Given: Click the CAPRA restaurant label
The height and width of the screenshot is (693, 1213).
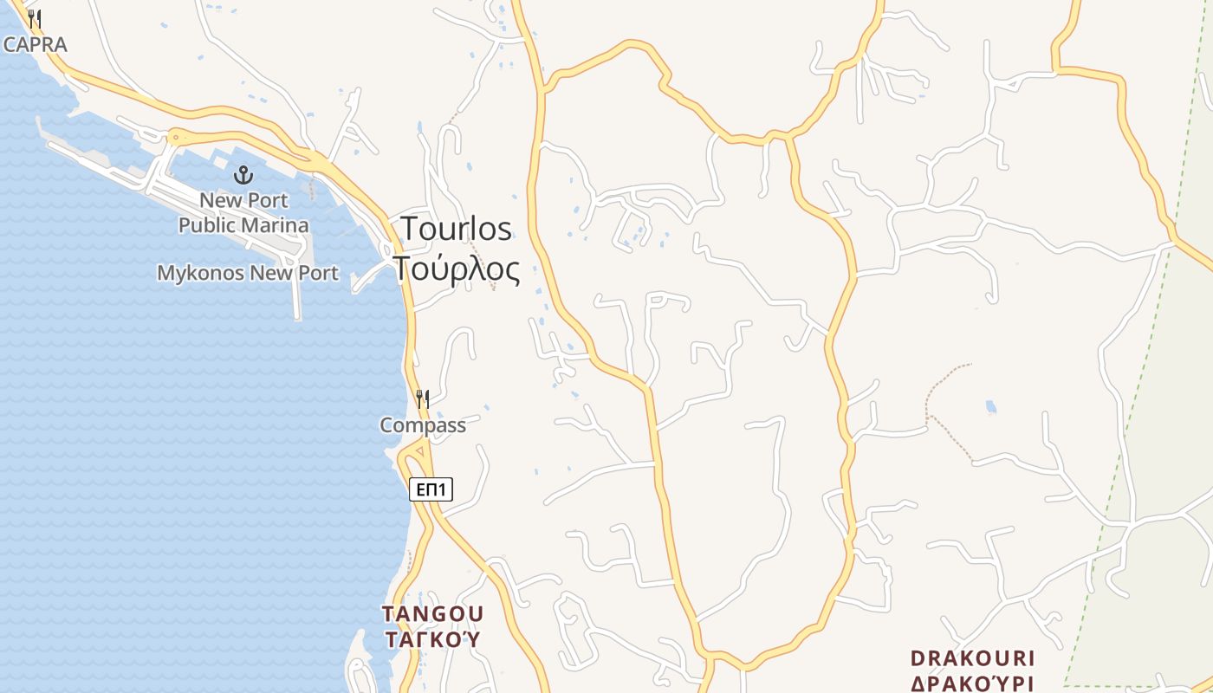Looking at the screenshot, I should point(35,44).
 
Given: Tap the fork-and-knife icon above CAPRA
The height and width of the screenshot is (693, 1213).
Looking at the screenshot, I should point(35,18).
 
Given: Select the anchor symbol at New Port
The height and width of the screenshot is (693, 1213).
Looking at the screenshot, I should point(243,176).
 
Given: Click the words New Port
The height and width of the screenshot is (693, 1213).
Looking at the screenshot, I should point(243,200).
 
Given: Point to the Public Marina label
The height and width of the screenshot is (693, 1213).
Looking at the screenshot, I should point(243,225).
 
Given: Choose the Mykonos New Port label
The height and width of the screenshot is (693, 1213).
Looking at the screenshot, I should point(247,273).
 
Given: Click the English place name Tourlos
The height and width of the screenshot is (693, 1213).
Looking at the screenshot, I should point(456,229).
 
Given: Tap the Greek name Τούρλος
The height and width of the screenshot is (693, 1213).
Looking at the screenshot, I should point(457,269).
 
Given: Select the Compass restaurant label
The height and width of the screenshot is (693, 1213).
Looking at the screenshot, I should point(423,425).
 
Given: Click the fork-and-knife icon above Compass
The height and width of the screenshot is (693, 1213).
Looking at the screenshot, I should point(423,398).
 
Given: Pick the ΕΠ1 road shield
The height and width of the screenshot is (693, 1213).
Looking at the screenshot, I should point(431,490).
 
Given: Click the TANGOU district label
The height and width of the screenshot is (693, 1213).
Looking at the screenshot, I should point(433,613).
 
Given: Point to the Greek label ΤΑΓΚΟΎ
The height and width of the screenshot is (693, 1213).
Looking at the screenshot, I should point(431,640).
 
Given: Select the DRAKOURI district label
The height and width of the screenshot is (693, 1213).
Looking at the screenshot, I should point(973,658).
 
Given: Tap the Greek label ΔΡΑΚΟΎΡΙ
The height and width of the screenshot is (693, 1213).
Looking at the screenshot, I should point(973,683).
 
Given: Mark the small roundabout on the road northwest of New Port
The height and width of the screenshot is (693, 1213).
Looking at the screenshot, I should point(177,136).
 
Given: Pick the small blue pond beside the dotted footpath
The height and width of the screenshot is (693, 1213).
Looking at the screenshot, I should point(990,406).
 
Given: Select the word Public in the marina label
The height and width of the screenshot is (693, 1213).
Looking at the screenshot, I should point(208,225).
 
